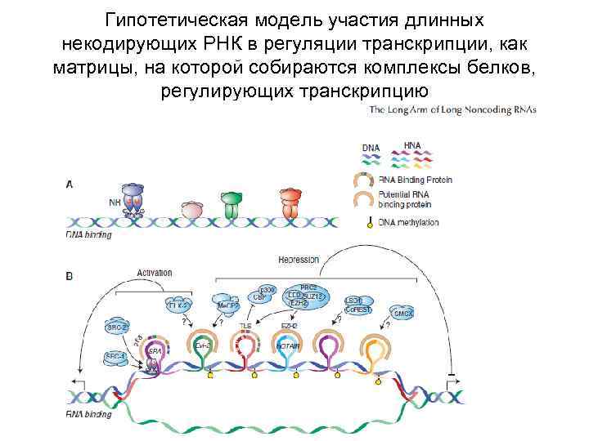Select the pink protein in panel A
(191, 209)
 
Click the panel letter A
(70, 185)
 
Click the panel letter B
(70, 276)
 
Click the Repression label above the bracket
(298, 260)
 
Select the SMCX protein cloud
(403, 312)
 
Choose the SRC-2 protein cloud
(118, 326)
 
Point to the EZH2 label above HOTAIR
(289, 326)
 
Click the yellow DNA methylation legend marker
(370, 224)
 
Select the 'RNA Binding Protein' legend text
(416, 180)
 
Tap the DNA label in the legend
(371, 148)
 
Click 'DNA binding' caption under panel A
(88, 234)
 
